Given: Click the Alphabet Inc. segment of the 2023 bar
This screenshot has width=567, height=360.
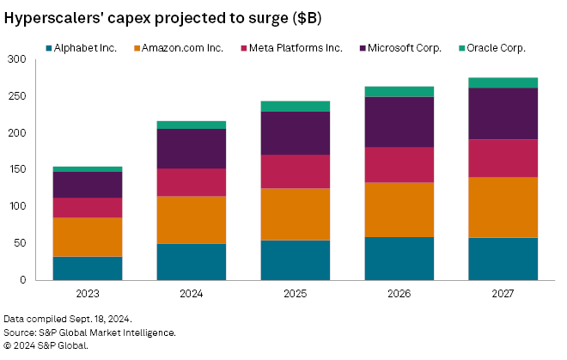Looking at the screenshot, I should click(88, 268).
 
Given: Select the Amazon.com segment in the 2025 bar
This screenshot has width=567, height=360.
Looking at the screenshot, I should click(296, 214).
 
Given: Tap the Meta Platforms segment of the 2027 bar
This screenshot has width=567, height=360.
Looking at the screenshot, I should click(503, 158).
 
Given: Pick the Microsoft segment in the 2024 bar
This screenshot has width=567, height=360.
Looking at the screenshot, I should click(192, 149).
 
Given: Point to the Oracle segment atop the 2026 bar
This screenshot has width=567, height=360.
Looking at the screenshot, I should click(399, 91).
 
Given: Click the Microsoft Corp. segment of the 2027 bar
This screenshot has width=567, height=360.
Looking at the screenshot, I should click(503, 113).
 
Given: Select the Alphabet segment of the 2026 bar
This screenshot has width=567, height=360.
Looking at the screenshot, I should click(399, 258).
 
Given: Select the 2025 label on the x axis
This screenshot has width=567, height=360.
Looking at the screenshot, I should click(296, 293).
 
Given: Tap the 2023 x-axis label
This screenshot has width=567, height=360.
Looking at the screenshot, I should click(88, 293).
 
